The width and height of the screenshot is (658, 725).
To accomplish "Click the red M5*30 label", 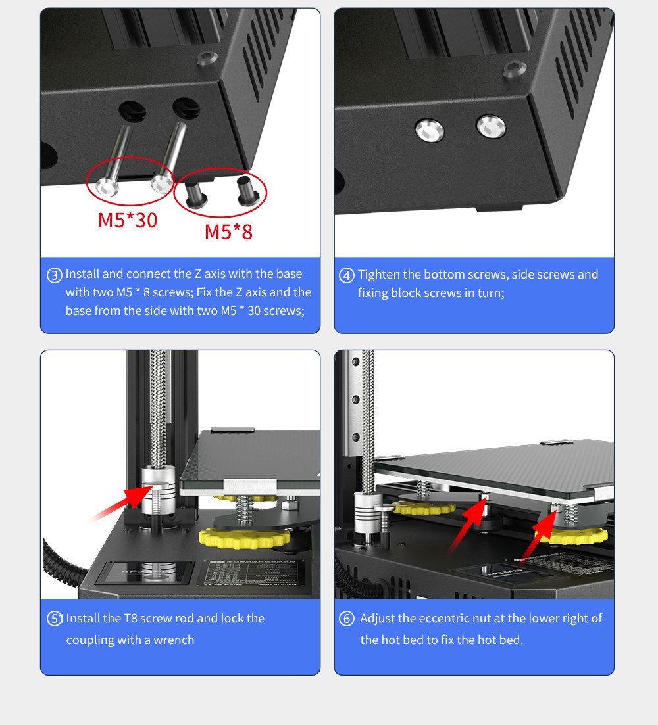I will tap(128, 220).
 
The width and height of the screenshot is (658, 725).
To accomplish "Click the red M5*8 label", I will tap(228, 231).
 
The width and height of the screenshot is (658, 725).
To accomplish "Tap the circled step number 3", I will tap(55, 275).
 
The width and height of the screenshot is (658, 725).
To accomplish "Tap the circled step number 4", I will tap(347, 275).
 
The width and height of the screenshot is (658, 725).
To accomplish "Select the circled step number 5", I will tap(55, 619).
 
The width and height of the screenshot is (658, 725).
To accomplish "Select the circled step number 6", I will tap(347, 619).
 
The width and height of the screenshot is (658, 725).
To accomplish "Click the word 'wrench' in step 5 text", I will tap(174, 640).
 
